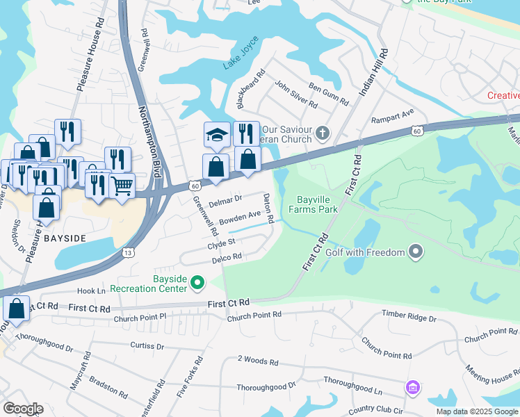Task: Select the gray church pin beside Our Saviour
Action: pos(322,132)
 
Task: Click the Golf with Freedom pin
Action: pos(416,251)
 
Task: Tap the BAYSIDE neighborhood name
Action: pos(64,238)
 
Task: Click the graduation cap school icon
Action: pos(217,133)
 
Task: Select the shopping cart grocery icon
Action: pos(122,185)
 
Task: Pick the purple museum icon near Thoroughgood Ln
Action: pos(413,386)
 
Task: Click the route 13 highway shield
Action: pos(127,253)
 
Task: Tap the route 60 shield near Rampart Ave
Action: pos(416,131)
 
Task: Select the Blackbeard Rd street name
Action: pos(251,88)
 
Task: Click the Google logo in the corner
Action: pos(23,409)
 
